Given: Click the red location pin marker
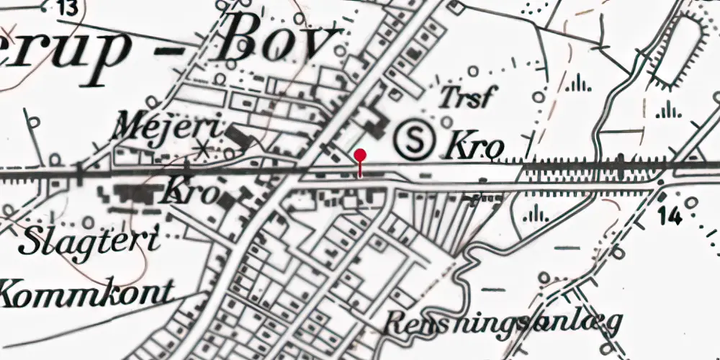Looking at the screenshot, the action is (x=360, y=156).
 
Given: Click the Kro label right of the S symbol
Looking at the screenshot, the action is (x=475, y=147).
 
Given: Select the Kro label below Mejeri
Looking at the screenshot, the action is (x=191, y=193).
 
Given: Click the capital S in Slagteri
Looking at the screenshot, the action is (x=33, y=243).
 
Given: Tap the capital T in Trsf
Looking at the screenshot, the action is (x=445, y=97).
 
